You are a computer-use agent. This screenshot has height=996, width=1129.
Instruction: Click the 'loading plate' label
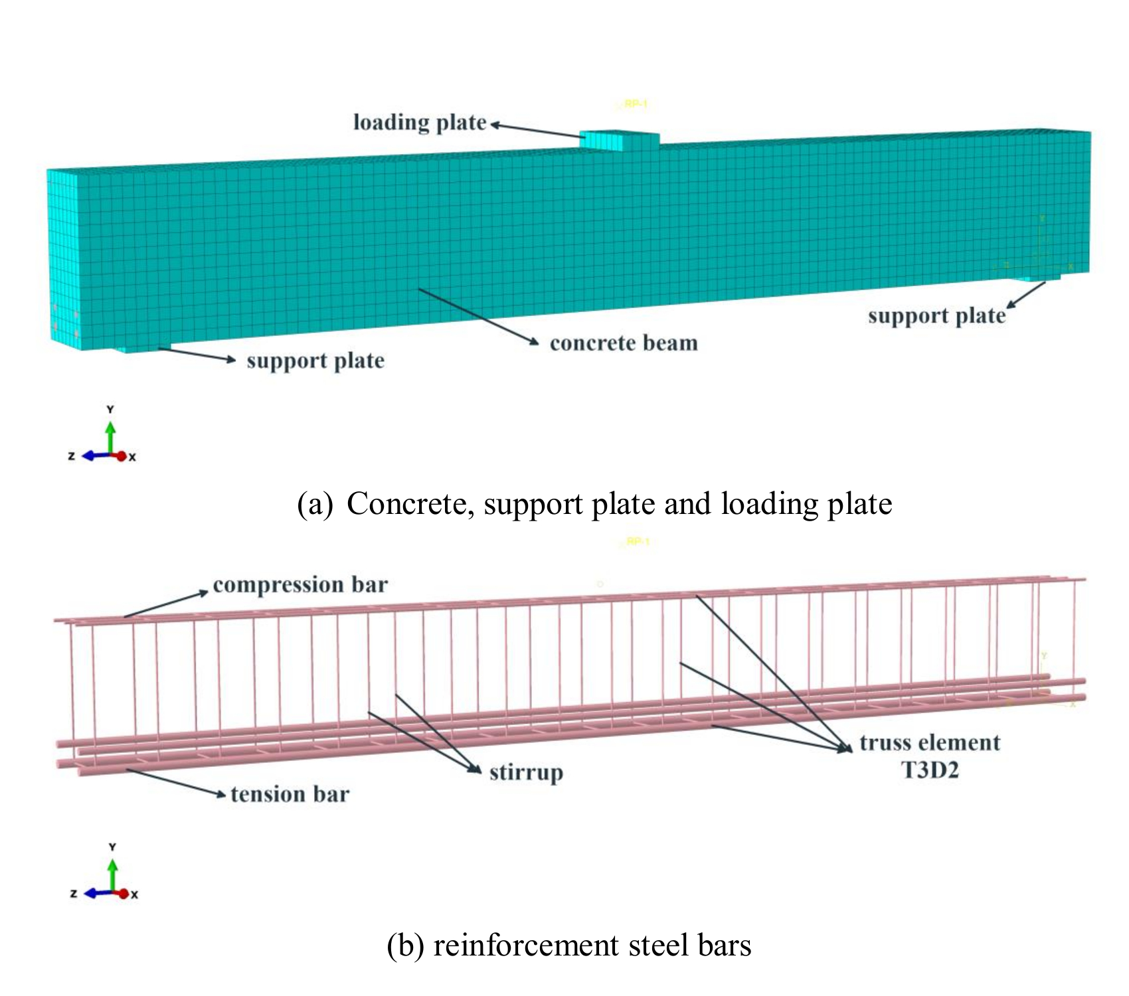coord(420,123)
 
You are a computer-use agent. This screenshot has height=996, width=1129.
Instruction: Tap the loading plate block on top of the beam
coord(619,140)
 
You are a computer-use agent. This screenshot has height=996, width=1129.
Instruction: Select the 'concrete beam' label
coord(624,343)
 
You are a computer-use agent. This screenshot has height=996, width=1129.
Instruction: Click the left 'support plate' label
coord(315,361)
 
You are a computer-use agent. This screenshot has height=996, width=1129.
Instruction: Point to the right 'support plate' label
coord(936,316)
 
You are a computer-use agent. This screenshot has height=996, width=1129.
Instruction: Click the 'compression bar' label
coord(300,585)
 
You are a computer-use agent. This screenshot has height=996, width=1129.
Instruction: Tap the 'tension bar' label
coord(290,794)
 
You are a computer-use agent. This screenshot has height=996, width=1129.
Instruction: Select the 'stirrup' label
coord(526,773)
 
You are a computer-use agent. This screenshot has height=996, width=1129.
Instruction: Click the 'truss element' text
coord(930,743)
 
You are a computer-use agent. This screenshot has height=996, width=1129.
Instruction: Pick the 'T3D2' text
coord(930,770)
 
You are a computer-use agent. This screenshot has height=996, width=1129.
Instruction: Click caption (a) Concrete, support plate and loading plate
coord(594,504)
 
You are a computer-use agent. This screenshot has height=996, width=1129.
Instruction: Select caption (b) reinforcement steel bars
coord(569,946)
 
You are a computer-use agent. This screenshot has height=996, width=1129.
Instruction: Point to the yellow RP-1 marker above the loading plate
coord(635,104)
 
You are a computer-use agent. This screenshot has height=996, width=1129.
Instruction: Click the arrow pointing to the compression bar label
coord(166,604)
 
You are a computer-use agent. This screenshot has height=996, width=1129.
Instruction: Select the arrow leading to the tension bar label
coord(176,782)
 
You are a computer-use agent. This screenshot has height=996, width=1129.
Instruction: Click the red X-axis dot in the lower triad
coord(124,894)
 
